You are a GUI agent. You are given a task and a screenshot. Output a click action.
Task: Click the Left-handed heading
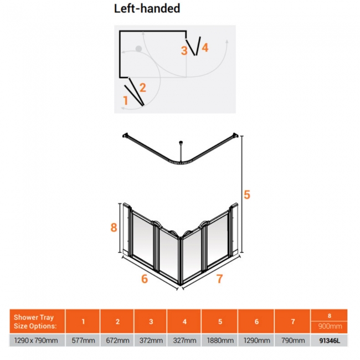click(x=147, y=9)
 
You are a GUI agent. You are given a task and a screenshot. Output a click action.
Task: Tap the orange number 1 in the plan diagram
click(x=125, y=101)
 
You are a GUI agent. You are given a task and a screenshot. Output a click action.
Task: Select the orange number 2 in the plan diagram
click(x=142, y=88)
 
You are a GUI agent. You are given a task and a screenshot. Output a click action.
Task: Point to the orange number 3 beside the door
click(x=184, y=51)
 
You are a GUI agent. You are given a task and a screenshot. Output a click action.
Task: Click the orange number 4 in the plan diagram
click(x=205, y=48)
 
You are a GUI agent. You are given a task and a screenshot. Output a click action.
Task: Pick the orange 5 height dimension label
click(x=247, y=195)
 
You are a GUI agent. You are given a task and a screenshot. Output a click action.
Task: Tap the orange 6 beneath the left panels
click(x=145, y=279)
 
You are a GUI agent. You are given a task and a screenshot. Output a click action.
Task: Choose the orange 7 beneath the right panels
click(x=220, y=279)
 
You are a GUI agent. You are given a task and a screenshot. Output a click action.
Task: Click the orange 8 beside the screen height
click(x=114, y=228)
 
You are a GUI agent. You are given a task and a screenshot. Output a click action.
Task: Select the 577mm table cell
click(x=83, y=340)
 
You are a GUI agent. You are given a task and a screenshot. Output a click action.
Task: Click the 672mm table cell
click(x=117, y=340)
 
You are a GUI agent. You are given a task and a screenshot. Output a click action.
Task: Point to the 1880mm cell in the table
click(x=220, y=340)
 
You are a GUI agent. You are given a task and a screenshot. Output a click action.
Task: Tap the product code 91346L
click(x=330, y=341)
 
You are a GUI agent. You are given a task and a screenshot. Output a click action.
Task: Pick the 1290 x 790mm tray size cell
click(x=36, y=340)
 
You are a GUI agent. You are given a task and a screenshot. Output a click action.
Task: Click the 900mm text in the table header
click(x=330, y=326)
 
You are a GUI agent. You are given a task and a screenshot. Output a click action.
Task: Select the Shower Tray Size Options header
click(x=35, y=321)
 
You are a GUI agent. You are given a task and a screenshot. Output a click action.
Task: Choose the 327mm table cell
click(x=184, y=340)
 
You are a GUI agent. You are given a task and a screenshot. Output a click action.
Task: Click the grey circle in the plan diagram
click(x=138, y=49)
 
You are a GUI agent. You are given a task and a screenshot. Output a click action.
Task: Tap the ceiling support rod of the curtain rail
click(x=181, y=151)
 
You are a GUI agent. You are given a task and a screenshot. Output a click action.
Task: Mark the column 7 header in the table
click(x=293, y=321)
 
